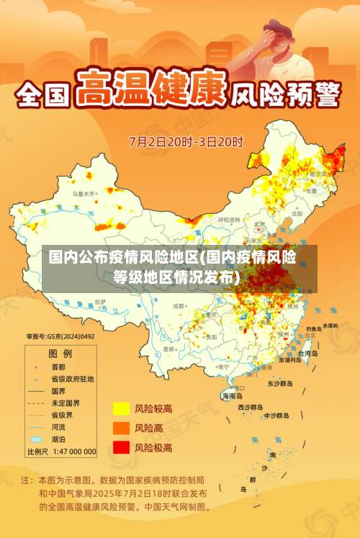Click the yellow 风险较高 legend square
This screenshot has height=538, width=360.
120,409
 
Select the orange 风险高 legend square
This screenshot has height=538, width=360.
120,428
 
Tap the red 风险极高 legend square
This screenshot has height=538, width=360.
120,447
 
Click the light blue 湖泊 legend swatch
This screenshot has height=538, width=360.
36,439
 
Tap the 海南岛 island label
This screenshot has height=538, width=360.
232,395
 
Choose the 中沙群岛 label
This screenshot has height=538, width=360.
276,416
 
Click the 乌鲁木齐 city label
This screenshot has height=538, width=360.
84,194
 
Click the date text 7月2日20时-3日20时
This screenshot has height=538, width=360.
186,141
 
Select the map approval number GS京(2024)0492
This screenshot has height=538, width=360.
60,336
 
